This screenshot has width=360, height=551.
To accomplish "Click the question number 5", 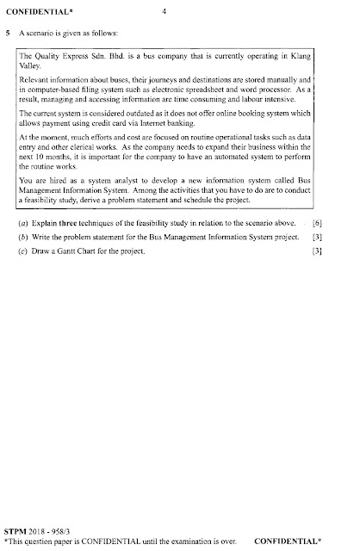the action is (x=8, y=34).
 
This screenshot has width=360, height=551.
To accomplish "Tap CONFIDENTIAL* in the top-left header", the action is (x=33, y=12).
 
